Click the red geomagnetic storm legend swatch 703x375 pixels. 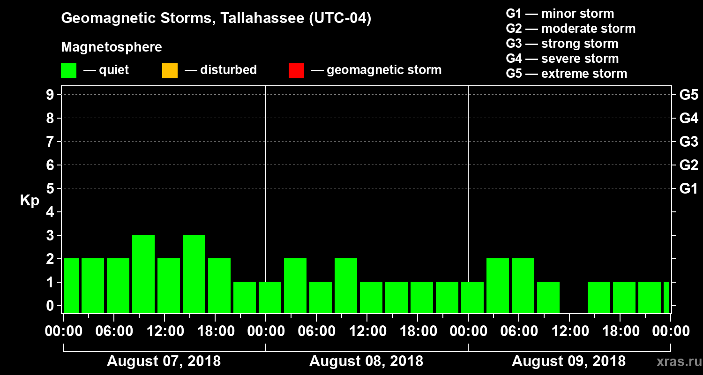[296, 71]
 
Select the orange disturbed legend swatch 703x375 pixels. [170, 71]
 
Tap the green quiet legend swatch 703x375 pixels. [68, 71]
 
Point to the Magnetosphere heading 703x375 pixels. [112, 47]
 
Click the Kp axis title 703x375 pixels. [30, 201]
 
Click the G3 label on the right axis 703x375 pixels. [688, 142]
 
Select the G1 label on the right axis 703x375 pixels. [688, 189]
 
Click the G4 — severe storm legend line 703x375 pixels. [562, 59]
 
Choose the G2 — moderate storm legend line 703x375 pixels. [570, 29]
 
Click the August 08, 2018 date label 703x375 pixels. [366, 361]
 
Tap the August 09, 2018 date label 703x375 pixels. [568, 361]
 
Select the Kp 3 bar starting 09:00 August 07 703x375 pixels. [143, 274]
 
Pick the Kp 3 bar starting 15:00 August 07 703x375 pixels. [194, 274]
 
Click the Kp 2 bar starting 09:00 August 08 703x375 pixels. [346, 285]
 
